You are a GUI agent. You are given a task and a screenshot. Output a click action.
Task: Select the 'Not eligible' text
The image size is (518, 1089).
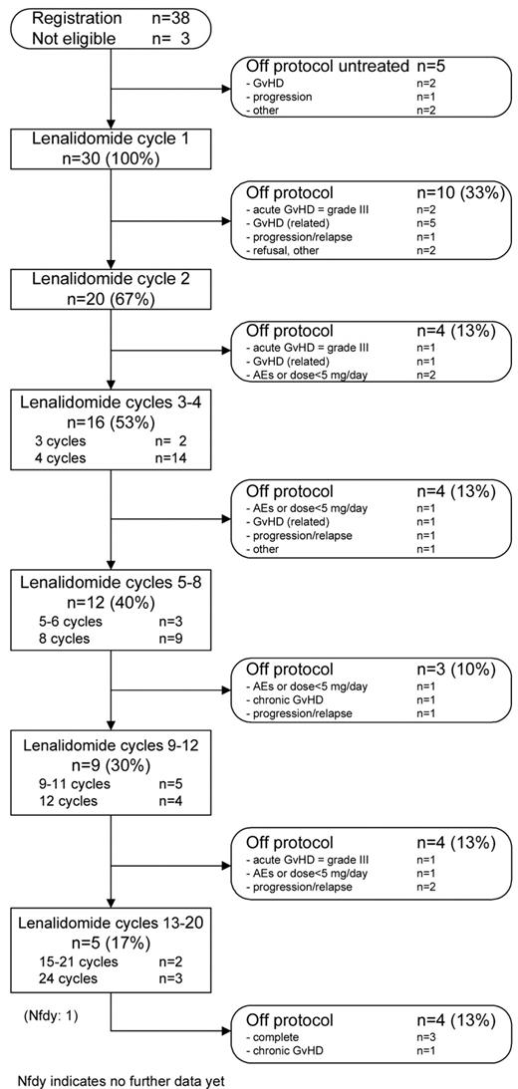point(74,38)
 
